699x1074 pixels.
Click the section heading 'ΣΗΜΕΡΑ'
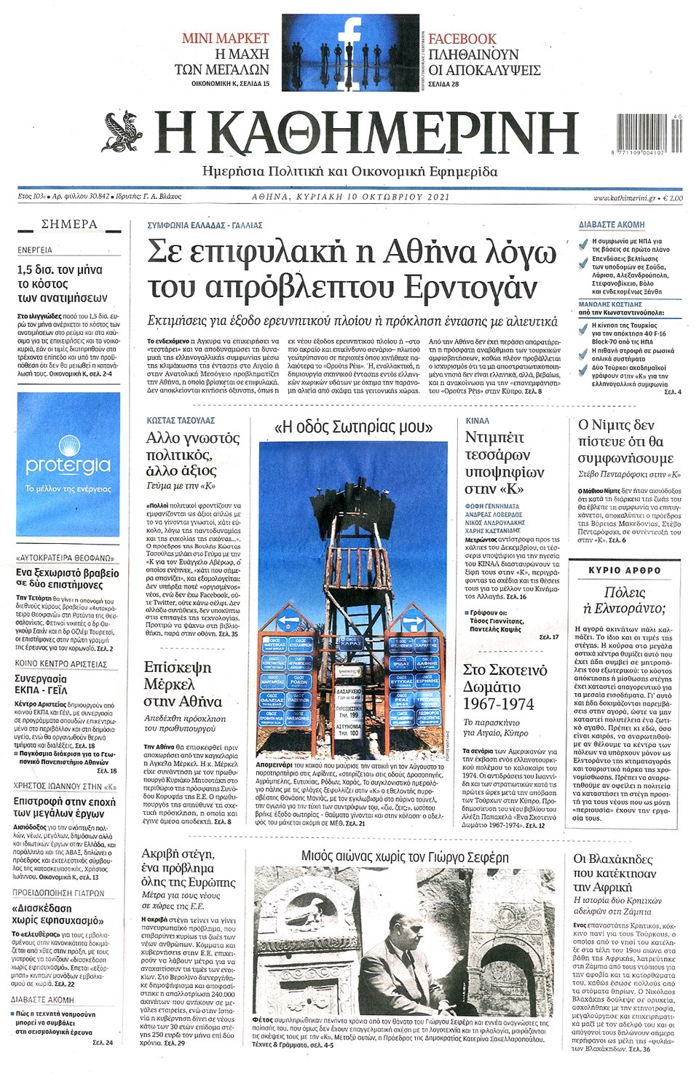coord(69,224)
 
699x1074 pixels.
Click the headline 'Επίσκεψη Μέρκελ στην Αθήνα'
coord(183,684)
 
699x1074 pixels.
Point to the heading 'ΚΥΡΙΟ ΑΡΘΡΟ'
coord(625,570)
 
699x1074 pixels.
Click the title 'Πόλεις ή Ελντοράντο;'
coord(625,600)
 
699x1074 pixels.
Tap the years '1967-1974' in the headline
coord(499,704)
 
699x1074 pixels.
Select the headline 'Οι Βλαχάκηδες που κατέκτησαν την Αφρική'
coord(615,873)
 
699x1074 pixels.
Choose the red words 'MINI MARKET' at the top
coord(225,39)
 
